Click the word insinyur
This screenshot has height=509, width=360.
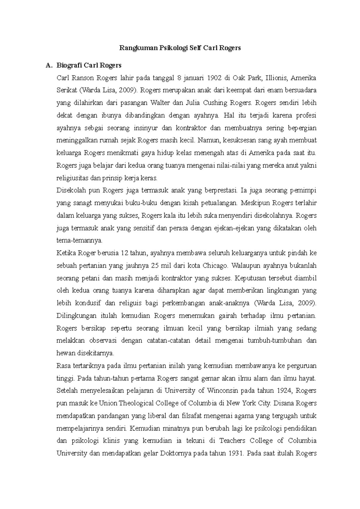pos(145,128)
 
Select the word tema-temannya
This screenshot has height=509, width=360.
pos(79,241)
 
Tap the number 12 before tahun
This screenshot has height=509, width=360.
pos(124,253)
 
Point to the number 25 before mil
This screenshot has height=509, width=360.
pos(155,266)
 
